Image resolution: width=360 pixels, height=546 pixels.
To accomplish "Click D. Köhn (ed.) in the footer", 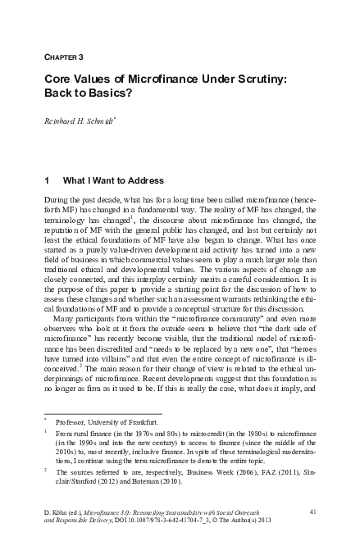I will click(x=65, y=512).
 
